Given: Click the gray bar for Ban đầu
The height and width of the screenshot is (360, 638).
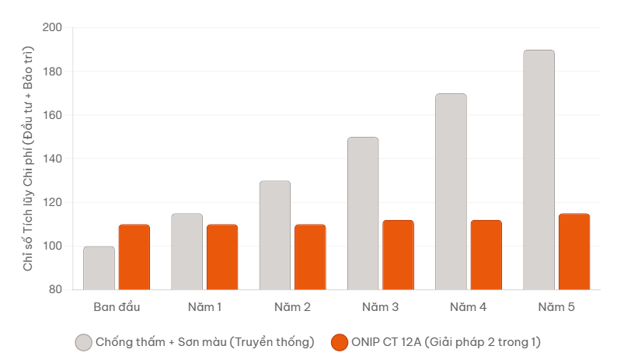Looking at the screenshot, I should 99,268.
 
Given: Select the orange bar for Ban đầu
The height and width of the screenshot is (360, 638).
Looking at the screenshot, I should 134,257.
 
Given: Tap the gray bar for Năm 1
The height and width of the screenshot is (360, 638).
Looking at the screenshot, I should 187,252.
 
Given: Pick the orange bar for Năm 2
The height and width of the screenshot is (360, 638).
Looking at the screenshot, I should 310,257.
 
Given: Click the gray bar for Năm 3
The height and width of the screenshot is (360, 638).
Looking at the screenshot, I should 363,214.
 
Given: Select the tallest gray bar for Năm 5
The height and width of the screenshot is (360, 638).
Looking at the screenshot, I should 539,170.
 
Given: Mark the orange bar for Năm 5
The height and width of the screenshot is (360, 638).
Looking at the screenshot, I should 574,252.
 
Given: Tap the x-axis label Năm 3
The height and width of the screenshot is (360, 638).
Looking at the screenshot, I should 381,307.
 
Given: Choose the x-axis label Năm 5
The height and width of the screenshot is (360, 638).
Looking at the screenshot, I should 556,307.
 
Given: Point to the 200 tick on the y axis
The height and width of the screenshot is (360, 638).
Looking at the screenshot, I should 51,28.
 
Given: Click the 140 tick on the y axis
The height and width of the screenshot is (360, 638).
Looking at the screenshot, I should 51,159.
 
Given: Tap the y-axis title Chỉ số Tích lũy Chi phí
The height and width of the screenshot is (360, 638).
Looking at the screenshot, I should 28,159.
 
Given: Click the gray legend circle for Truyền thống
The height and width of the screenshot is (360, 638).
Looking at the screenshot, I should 84,342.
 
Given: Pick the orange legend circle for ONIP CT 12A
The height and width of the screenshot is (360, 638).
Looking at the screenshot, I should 339,342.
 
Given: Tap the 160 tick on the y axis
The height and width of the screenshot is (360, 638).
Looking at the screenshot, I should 51,115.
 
